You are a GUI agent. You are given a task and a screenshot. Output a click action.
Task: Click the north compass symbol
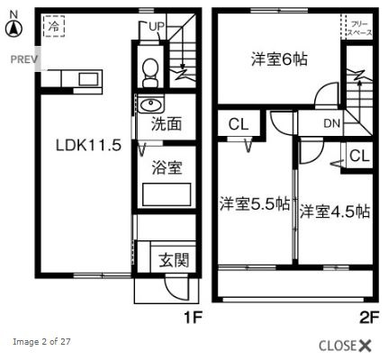(14, 28)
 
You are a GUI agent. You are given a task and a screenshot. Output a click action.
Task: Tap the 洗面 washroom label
(166, 123)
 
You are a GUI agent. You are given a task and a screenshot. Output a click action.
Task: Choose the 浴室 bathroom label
(166, 167)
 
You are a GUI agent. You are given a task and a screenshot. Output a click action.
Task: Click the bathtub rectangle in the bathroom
(167, 193)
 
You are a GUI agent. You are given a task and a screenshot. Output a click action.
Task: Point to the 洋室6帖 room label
(279, 59)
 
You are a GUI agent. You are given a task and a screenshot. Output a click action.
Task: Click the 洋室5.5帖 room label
(254, 204)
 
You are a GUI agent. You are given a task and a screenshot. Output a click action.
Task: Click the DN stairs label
(330, 123)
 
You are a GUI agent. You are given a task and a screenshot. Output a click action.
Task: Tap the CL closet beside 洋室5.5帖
(238, 123)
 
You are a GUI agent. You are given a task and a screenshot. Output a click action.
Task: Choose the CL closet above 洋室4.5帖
(358, 156)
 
